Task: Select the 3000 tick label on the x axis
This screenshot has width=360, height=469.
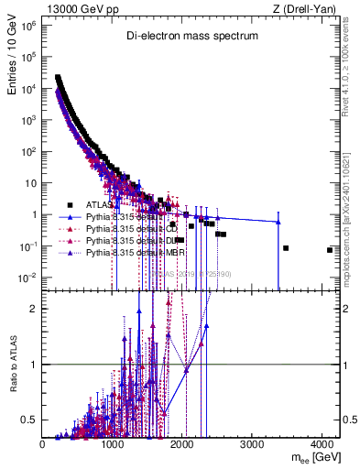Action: [x=253, y=444]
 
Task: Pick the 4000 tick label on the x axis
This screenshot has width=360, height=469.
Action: [x=322, y=444]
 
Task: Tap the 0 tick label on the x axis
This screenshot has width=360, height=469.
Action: [x=43, y=444]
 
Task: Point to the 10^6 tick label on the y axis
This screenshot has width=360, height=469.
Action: [x=27, y=27]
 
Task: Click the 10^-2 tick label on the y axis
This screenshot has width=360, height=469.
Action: [x=27, y=278]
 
